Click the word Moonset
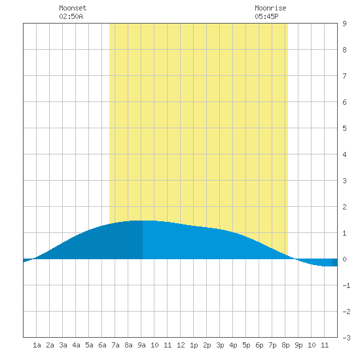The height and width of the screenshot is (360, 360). point(73,8)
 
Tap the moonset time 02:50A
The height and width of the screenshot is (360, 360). point(71,16)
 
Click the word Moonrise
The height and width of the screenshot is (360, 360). point(270,8)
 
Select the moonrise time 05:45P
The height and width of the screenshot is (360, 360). point(266,16)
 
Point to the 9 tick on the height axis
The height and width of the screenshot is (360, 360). point(344,24)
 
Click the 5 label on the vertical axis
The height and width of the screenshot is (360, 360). point(344,128)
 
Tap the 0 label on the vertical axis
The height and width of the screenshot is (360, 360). point(344,259)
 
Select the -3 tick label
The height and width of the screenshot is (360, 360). point(346,338)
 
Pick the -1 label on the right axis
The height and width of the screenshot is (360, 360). point(346,285)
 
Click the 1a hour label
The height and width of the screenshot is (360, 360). point(37,345)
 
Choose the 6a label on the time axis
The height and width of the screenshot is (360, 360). point(102,345)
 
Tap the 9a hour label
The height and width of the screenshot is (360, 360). point(141,345)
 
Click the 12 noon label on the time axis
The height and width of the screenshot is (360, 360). point(181,345)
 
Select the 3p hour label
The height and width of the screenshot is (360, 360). point(220,345)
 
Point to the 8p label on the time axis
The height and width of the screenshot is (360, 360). point(285,345)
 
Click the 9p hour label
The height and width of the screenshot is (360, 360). point(298,345)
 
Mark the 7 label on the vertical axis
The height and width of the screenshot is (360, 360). point(344,76)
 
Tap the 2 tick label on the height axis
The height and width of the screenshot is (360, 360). point(344,207)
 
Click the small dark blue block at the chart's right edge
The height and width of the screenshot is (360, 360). point(334,262)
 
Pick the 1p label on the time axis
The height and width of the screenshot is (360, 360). point(194,345)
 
